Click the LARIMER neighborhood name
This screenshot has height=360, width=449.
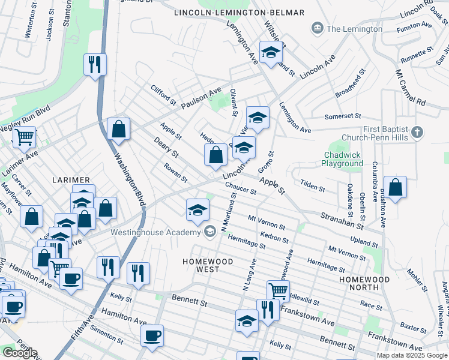(71, 180)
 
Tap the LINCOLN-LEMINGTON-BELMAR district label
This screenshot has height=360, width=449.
(239, 13)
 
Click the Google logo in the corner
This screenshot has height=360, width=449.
(20, 353)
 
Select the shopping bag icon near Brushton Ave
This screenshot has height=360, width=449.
(396, 187)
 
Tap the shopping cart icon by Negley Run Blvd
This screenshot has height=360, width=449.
(24, 137)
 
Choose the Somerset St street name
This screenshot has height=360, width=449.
(342, 116)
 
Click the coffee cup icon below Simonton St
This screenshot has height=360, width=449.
(152, 335)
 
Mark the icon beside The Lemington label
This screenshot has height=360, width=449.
(316, 28)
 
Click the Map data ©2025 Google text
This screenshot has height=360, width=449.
(411, 355)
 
